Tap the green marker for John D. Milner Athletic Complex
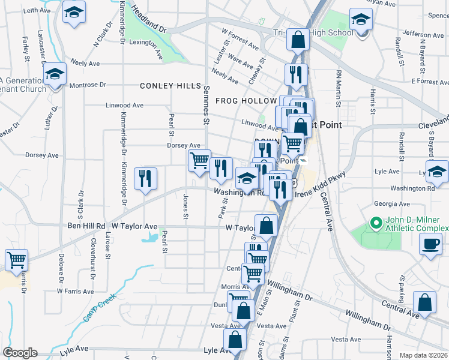coord(376,224)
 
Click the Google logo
coord(19,353)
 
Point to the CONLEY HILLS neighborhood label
coord(170,86)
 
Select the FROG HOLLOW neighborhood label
coord(246,101)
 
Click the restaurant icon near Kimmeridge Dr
coord(145,178)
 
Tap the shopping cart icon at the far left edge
coord(16,260)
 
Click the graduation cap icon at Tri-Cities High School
coord(361,20)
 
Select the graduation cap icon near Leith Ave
coord(74,12)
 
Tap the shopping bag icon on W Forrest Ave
coord(298,40)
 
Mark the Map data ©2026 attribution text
coord(423,355)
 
